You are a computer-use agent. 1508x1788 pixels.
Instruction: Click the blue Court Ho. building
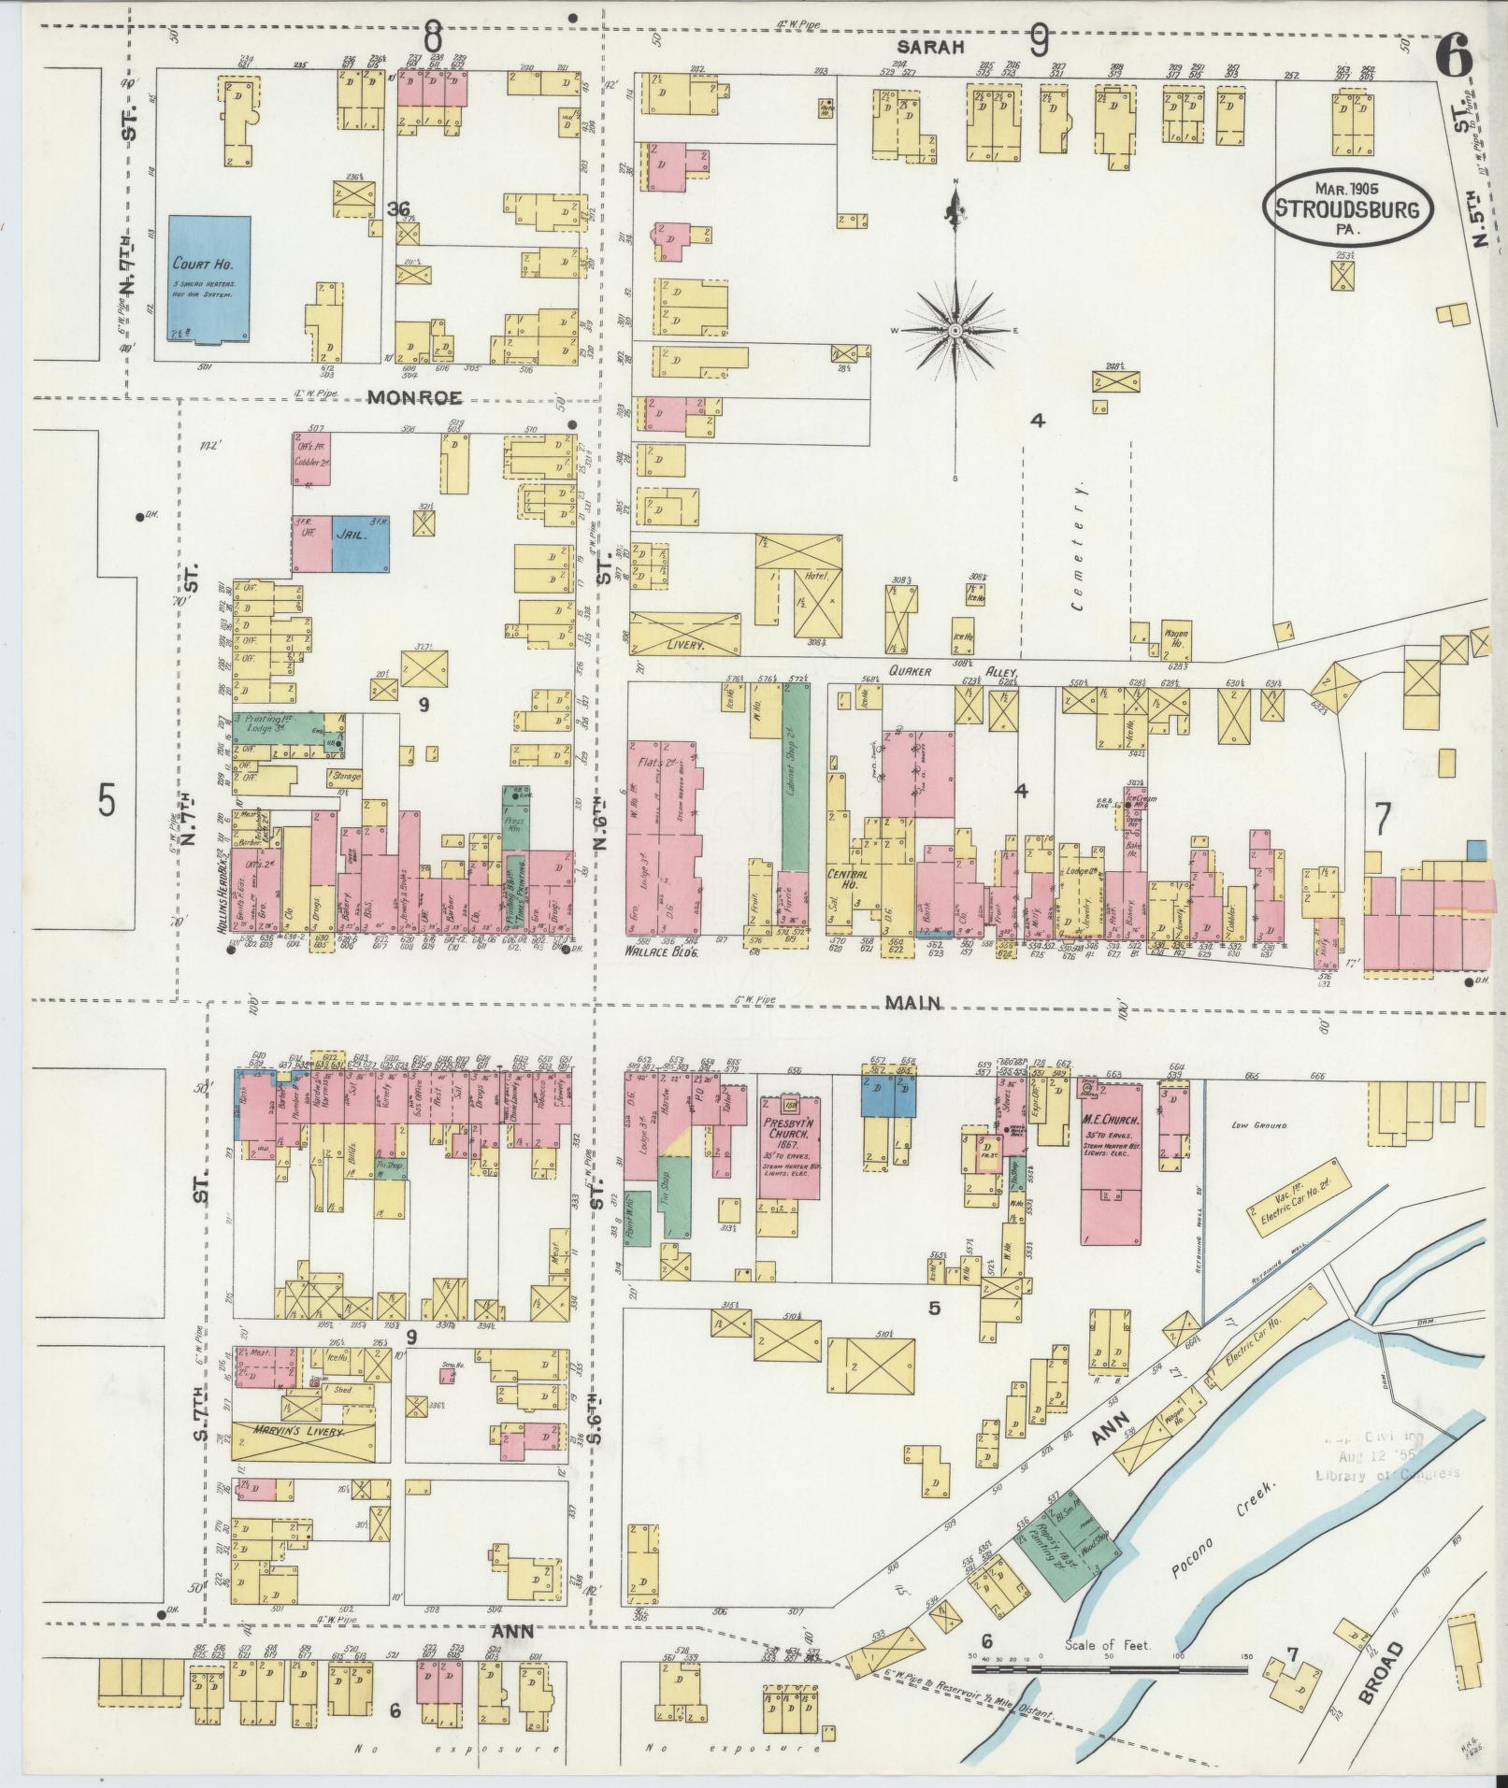(210, 279)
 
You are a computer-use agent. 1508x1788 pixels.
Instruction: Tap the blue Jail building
(361, 543)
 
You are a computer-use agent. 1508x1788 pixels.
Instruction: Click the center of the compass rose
(955, 331)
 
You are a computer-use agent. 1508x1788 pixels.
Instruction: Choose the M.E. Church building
(1111, 1162)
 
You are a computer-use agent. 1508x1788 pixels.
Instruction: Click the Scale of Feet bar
(1108, 1668)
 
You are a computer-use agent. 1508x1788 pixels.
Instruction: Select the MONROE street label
(414, 397)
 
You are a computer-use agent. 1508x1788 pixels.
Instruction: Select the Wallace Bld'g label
(662, 951)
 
